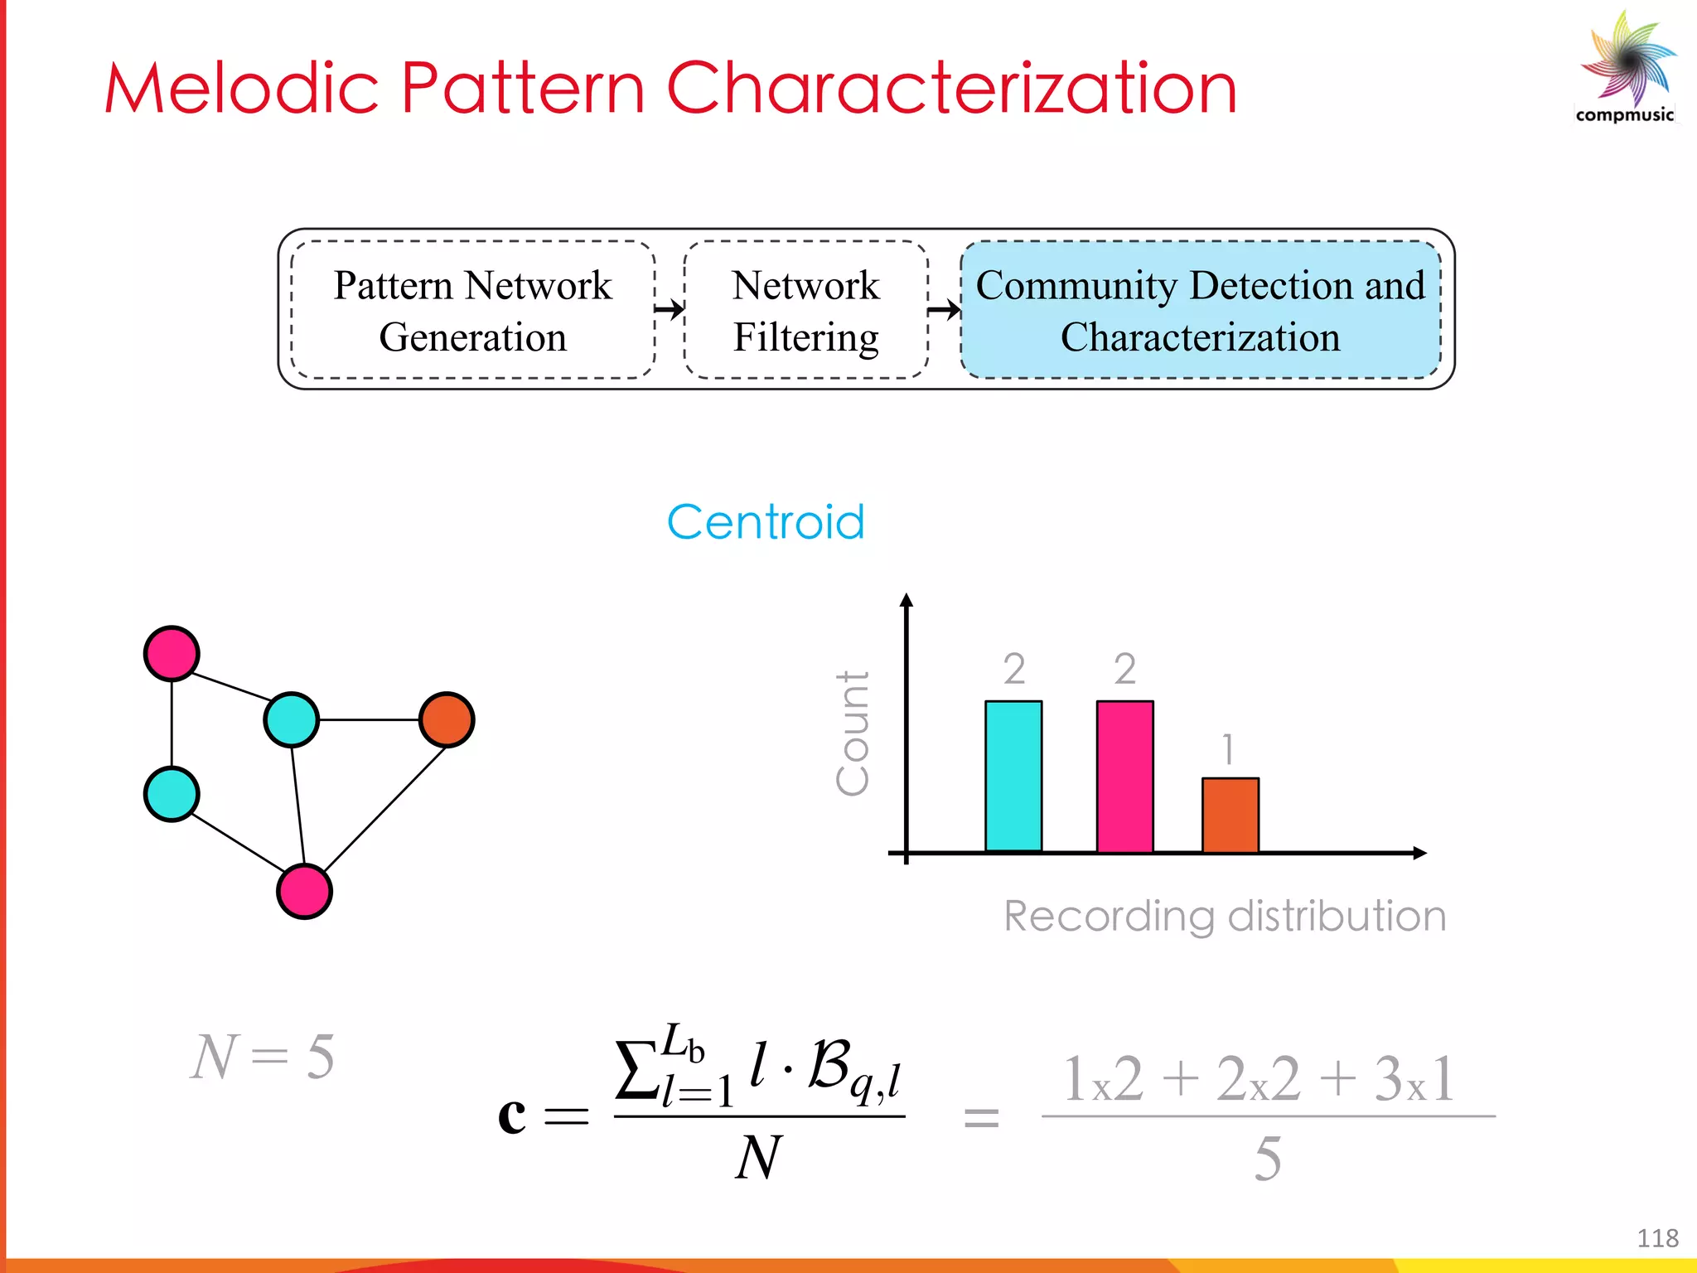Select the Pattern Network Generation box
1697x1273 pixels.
point(472,310)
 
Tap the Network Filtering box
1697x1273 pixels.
point(805,310)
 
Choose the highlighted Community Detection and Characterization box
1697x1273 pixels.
point(1200,310)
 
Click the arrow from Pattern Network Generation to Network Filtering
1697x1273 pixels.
point(670,310)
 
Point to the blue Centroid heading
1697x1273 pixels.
point(766,522)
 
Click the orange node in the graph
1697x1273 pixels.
point(447,719)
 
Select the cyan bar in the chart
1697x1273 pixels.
point(1013,776)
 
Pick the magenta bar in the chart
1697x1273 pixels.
point(1124,776)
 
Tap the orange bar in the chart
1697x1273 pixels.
point(1230,815)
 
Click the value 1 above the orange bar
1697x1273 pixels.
point(1228,749)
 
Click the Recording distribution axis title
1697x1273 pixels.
point(1225,917)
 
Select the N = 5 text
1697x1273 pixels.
point(263,1058)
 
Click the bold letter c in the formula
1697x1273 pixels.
point(512,1114)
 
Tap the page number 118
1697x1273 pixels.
point(1657,1238)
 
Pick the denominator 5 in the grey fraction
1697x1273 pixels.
point(1268,1159)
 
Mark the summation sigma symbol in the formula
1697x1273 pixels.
point(636,1069)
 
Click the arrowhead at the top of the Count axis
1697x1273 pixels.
point(907,599)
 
